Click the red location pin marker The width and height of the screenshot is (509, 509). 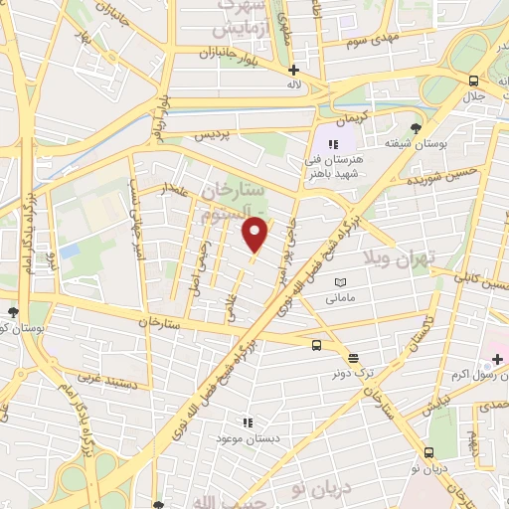pyautogui.click(x=256, y=235)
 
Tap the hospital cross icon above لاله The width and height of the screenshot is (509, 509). pyautogui.click(x=293, y=70)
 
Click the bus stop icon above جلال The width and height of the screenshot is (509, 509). pyautogui.click(x=474, y=82)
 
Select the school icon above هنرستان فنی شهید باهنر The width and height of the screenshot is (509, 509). pyautogui.click(x=334, y=144)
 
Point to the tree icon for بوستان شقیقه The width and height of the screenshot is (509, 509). pyautogui.click(x=416, y=128)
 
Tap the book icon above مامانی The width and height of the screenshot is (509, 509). pyautogui.click(x=341, y=282)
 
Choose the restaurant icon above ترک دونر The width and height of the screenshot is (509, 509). pyautogui.click(x=353, y=358)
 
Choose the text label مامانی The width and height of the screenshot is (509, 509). pyautogui.click(x=340, y=297)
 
